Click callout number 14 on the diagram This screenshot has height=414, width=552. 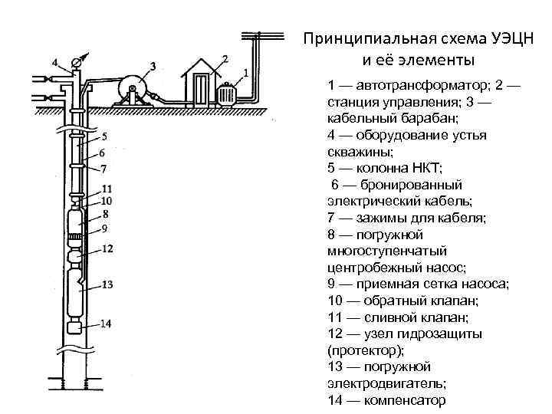coord(107,324)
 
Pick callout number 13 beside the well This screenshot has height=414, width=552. coord(107,284)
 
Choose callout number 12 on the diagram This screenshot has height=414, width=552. coord(107,248)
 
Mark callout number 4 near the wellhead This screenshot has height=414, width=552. coord(54,61)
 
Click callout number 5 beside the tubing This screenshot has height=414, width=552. coord(104,137)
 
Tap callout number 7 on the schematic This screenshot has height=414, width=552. coord(104,168)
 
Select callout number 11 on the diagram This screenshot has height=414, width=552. coord(107,189)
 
